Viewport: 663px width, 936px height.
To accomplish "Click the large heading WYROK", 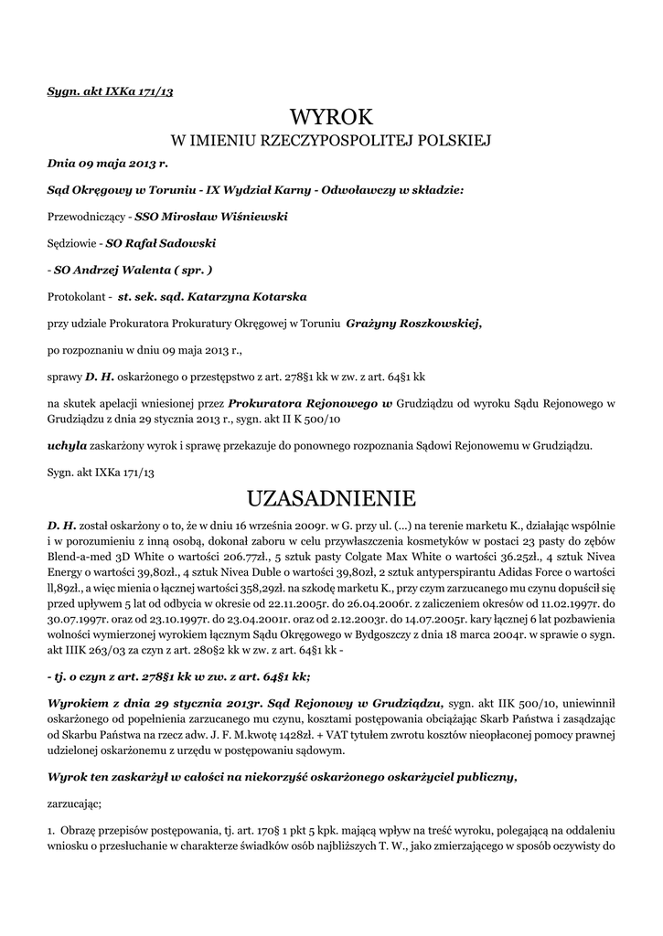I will point(331,117).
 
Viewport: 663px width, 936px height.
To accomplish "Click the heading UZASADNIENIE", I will point(331,498).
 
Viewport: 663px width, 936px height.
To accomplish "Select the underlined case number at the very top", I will point(110,91).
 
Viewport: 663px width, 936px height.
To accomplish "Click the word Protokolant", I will point(79,297).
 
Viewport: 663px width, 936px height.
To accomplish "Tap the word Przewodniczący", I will point(87,218).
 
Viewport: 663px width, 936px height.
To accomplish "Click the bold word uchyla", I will point(67,446).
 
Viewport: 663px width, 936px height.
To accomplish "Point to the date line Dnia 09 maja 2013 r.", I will point(108,165).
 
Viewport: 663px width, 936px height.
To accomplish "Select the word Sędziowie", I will point(72,244).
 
